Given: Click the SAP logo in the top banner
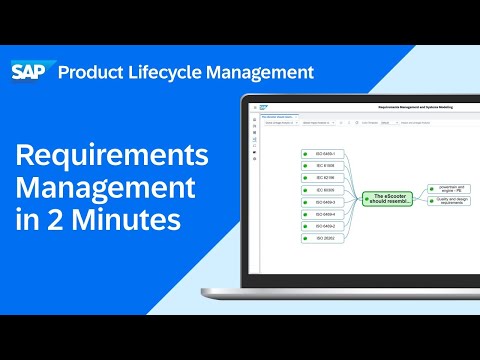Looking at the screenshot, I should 31,72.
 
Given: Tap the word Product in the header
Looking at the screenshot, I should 96,72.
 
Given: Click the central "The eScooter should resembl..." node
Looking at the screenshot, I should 388,198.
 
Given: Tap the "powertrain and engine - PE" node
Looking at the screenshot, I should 446,187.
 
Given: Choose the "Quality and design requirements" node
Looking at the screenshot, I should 446,201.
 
